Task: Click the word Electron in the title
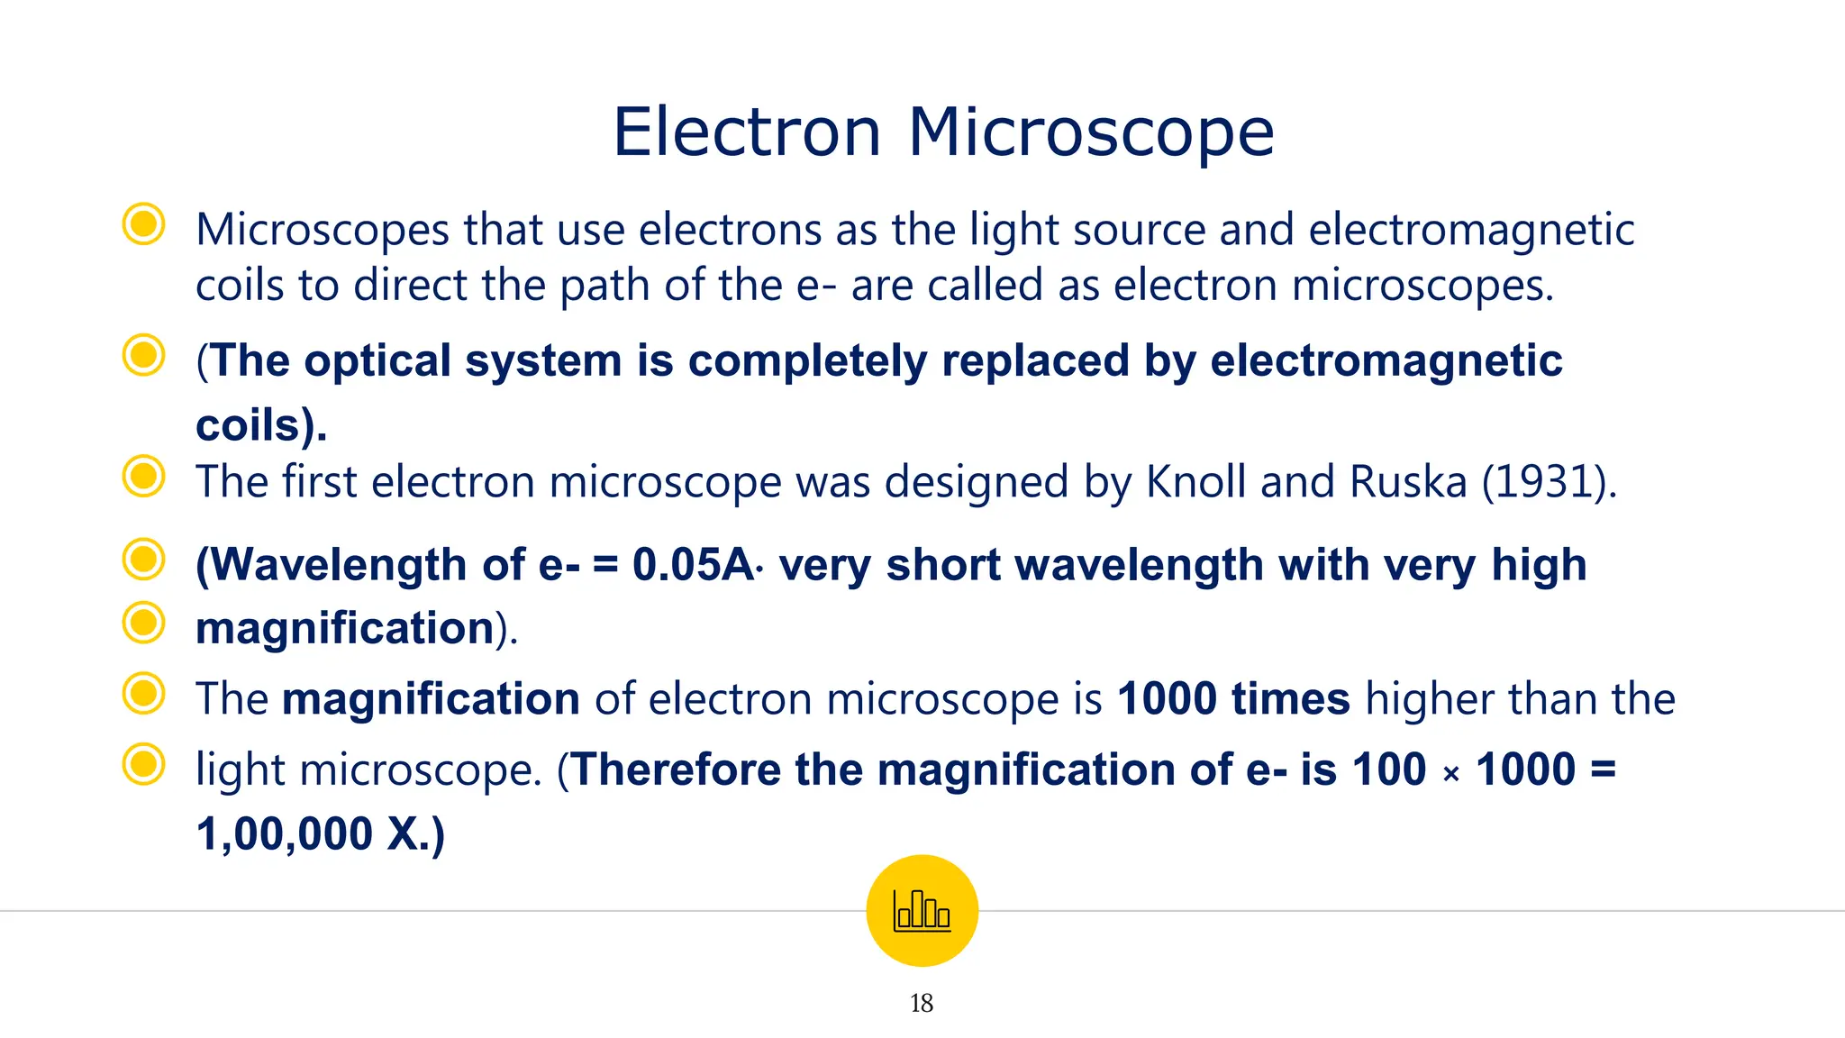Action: (746, 132)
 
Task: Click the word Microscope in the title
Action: (1091, 132)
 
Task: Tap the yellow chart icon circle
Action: (922, 910)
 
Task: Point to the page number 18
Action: (922, 1003)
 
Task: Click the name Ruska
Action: (1408, 481)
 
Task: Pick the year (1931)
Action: (1549, 481)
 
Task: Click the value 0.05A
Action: (693, 565)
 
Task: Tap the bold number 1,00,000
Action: (284, 833)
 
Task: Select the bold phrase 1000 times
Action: (1233, 699)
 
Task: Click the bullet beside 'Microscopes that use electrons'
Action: (143, 223)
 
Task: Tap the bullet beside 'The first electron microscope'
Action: (143, 476)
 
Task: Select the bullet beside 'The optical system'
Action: (143, 355)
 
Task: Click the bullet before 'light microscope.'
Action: (143, 764)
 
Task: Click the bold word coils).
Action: (260, 424)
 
